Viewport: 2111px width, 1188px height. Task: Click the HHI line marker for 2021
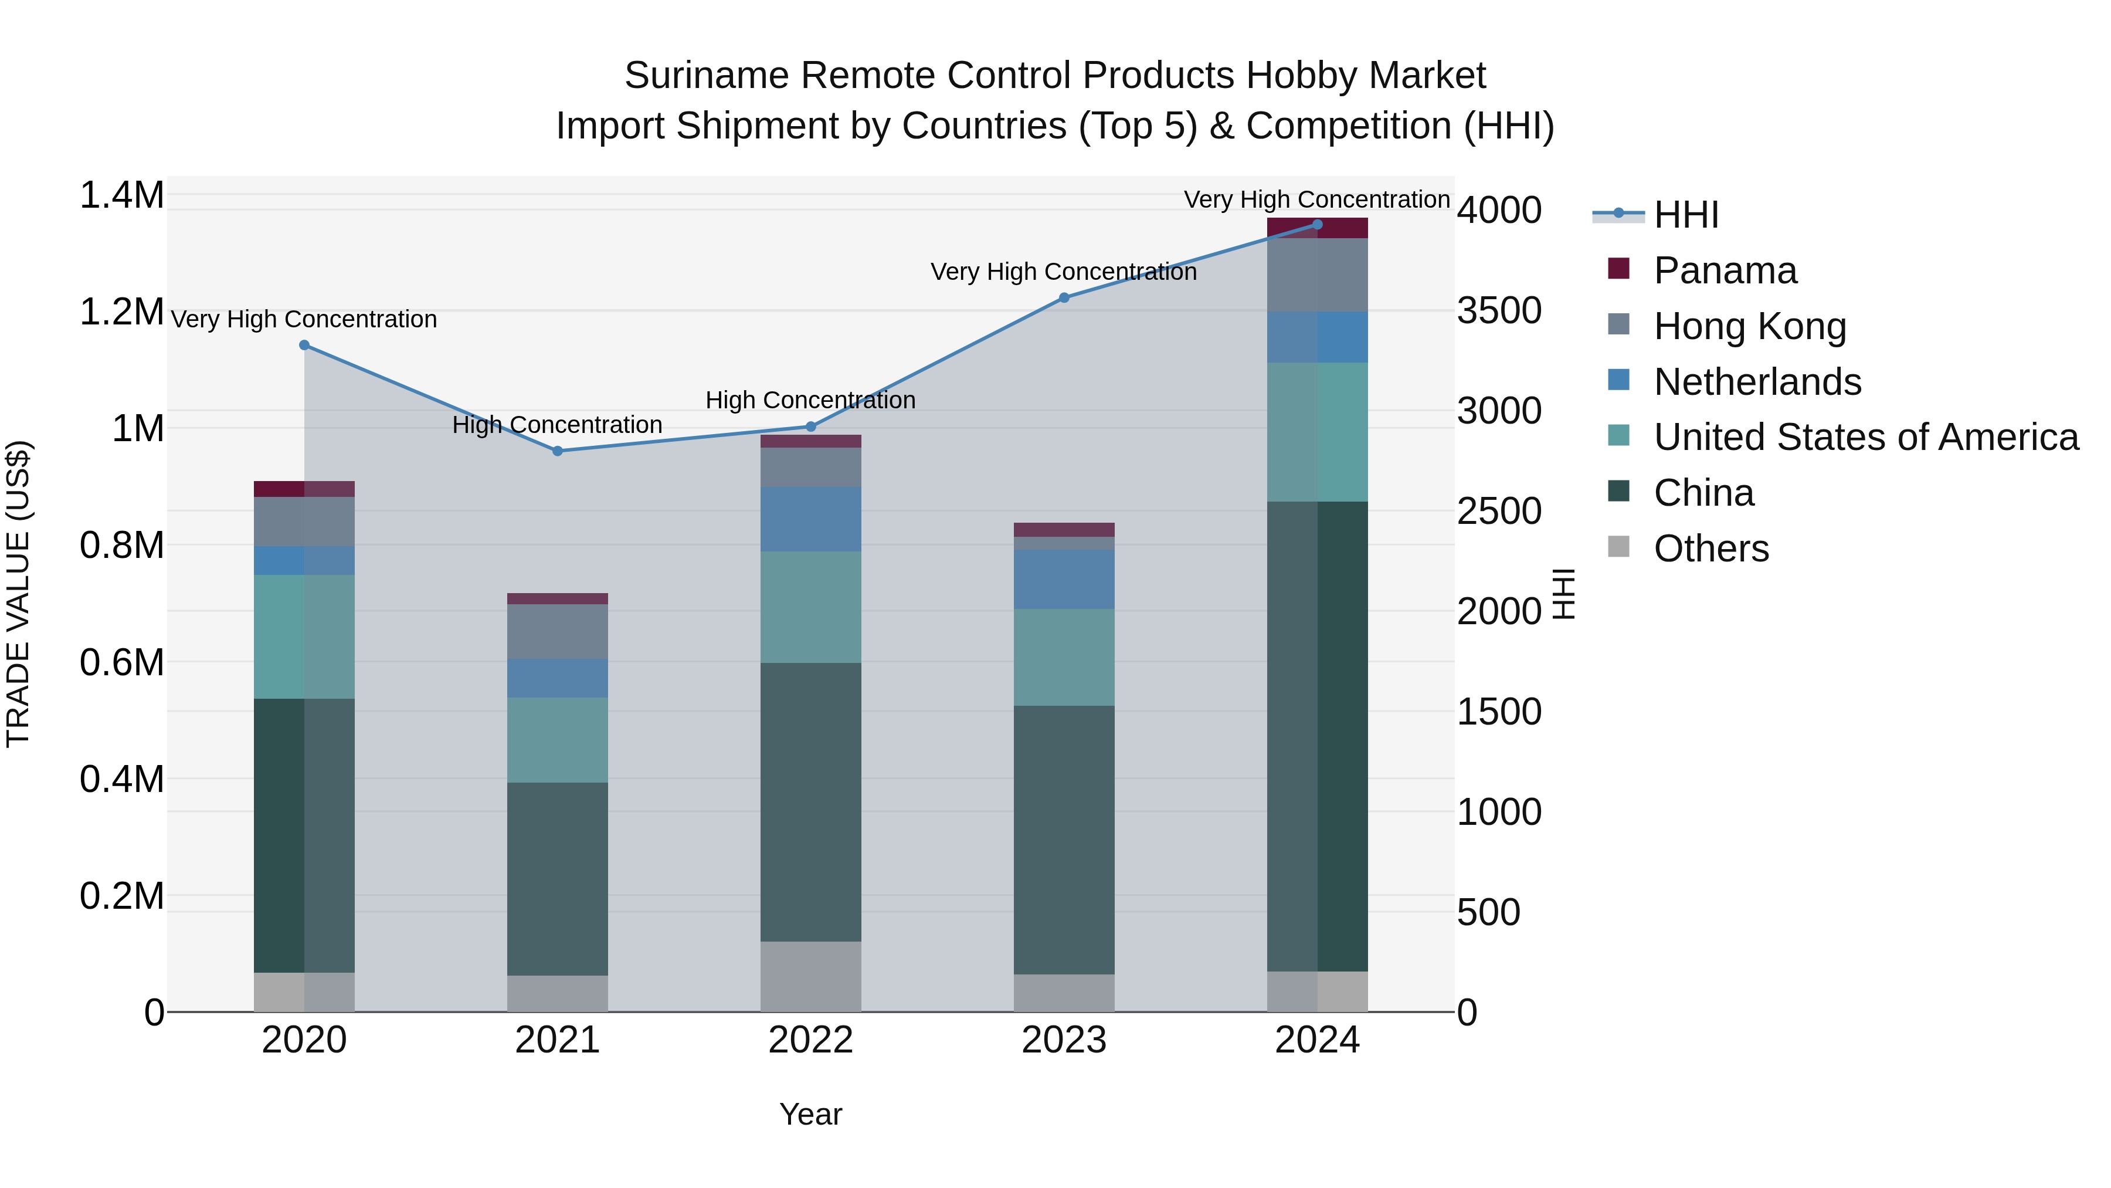click(557, 451)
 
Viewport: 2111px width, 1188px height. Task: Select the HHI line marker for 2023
click(1064, 297)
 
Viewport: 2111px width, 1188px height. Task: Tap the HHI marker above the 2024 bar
click(1317, 225)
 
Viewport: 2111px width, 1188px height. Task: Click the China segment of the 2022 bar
click(810, 802)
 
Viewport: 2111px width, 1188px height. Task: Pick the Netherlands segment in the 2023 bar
click(1064, 579)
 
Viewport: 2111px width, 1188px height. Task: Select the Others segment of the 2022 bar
click(810, 976)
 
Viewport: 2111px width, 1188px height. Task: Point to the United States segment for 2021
click(557, 740)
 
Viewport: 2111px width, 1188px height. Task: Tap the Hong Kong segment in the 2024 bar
click(1317, 275)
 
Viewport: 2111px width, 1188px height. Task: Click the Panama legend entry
click(1724, 270)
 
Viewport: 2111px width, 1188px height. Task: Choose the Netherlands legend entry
click(1757, 382)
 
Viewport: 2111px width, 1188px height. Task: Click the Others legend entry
click(1710, 549)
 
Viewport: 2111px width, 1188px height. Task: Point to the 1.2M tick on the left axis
click(121, 312)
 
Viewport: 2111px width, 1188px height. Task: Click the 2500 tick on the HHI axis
click(1499, 512)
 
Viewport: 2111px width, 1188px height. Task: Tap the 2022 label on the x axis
click(810, 1040)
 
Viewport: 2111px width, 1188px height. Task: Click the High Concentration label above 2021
click(557, 425)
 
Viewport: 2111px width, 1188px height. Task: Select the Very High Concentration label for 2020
click(304, 319)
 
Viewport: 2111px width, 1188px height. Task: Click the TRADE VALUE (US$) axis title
click(18, 594)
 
